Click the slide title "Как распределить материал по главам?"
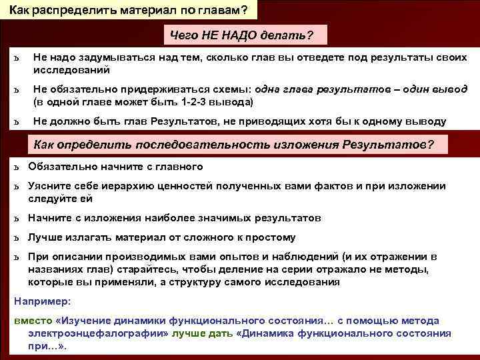128,9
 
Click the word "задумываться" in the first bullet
109,59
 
